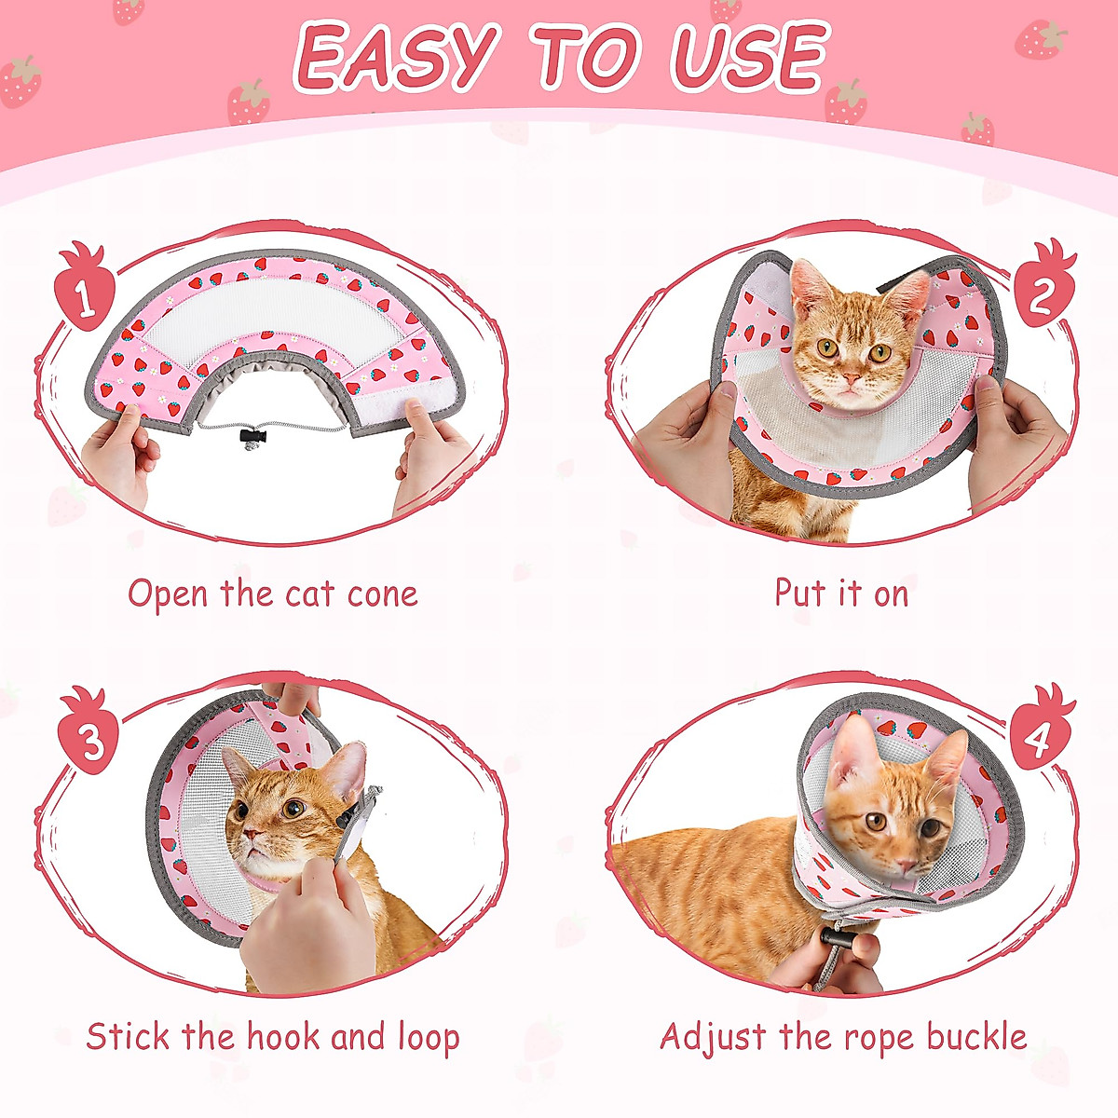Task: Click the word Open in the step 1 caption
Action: pos(169,594)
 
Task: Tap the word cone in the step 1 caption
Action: pos(382,594)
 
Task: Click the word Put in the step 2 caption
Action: pos(798,593)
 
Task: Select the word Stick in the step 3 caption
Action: pos(128,1036)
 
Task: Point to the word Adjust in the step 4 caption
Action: pos(713,1036)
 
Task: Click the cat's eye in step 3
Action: pos(293,808)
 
